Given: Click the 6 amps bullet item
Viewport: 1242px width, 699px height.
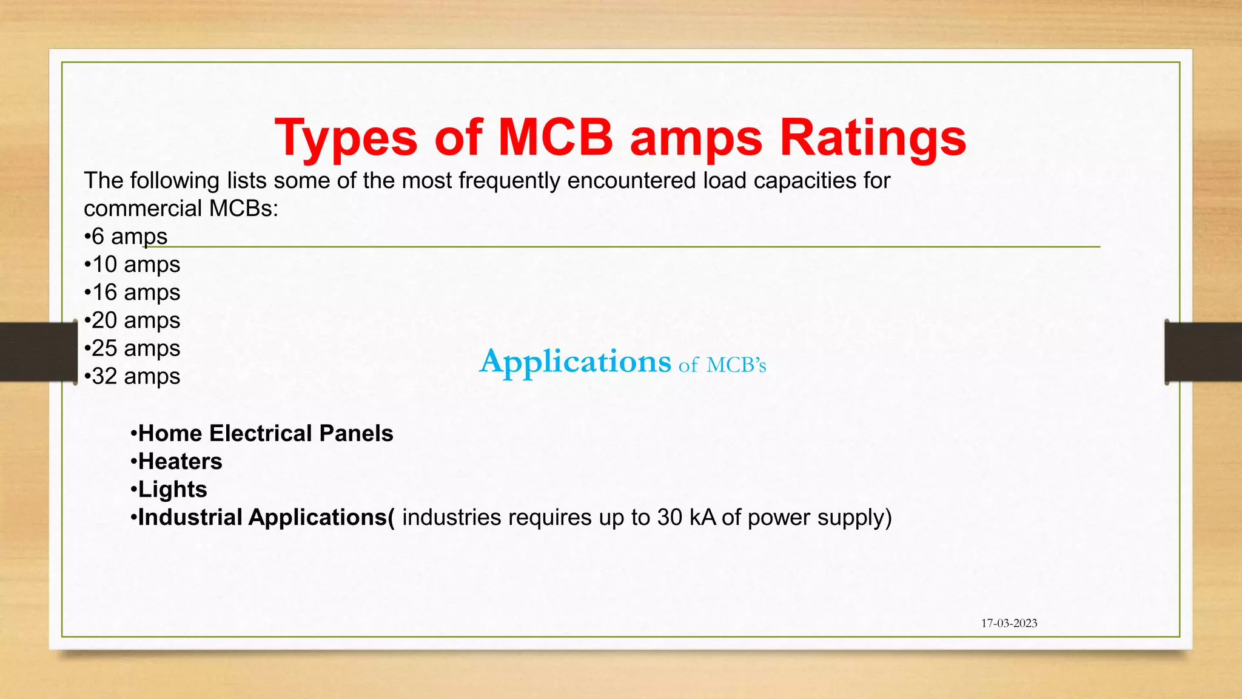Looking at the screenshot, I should [x=126, y=236].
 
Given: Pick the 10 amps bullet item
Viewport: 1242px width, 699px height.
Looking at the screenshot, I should [x=133, y=265].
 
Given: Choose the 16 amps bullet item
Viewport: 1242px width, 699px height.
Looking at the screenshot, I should [x=133, y=292].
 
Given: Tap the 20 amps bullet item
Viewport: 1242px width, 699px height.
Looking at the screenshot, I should [x=133, y=320].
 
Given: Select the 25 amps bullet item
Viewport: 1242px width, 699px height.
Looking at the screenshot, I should [x=133, y=348].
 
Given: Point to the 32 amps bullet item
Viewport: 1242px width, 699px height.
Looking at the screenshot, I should [x=133, y=376].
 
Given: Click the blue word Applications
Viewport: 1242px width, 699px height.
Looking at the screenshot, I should [x=575, y=362].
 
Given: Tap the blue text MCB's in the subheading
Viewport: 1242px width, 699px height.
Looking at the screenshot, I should [x=736, y=365].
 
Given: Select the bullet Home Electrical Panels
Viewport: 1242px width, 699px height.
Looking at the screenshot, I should [x=262, y=433].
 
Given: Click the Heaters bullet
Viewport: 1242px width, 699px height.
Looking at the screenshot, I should [x=176, y=461].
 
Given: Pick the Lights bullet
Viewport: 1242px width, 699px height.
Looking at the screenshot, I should [x=169, y=489].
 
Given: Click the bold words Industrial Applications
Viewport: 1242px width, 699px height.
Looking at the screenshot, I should [x=262, y=518].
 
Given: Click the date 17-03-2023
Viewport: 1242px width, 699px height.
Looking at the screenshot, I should [x=1009, y=623].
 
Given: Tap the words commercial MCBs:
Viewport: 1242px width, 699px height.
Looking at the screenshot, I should [x=181, y=208].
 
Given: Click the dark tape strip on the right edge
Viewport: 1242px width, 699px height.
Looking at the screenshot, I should [x=1203, y=352].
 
